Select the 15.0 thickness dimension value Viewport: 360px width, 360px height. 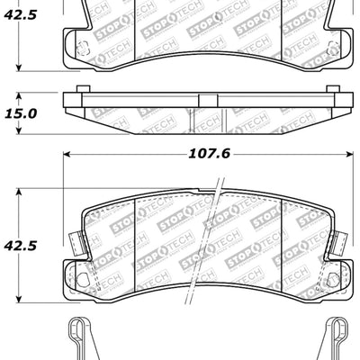pyautogui.click(x=21, y=113)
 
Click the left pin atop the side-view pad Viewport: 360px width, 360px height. pyautogui.click(x=84, y=89)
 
